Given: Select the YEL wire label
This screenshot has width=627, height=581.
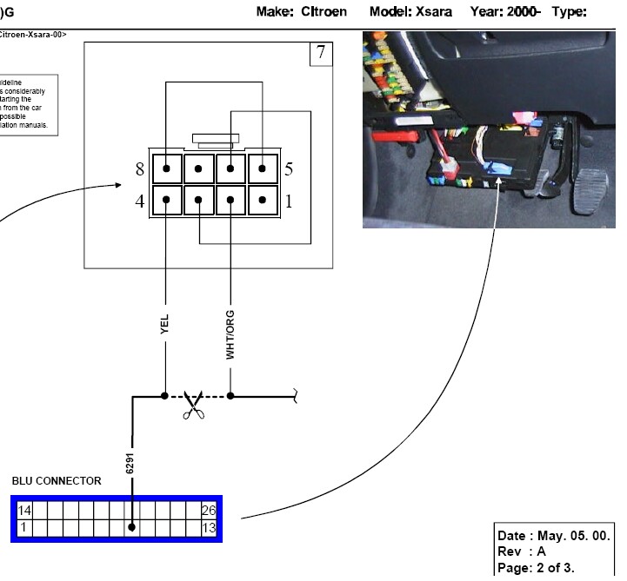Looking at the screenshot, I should tap(164, 325).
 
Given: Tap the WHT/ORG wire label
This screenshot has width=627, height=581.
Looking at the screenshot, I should tap(230, 335).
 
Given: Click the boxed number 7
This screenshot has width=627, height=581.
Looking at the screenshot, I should tap(320, 53).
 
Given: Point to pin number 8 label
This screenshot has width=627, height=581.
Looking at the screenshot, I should tap(139, 169).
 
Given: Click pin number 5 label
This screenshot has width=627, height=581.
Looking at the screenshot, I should tap(289, 169).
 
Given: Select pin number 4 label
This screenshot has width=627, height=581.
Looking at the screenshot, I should tap(139, 202).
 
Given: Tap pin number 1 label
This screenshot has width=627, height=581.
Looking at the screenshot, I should tap(289, 202).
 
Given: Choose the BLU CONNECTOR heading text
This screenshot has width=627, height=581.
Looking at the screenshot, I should tap(57, 480).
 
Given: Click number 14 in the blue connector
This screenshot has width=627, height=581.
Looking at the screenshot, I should tap(24, 510).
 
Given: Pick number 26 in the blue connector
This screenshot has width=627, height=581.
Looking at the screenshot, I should tap(208, 510).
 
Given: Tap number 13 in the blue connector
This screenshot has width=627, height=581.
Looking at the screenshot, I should tap(208, 526).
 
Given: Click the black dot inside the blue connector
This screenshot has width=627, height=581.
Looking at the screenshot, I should tap(131, 526).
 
